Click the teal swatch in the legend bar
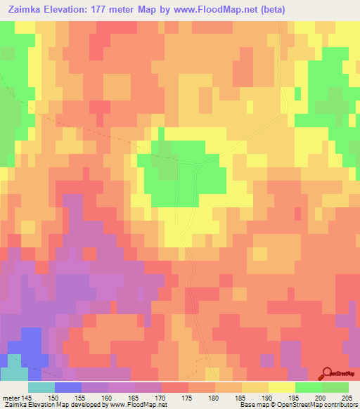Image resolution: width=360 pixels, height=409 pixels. (41, 387)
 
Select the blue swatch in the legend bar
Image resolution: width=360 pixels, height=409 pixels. (68, 387)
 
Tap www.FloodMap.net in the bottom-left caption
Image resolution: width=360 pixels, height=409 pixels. (134, 405)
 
